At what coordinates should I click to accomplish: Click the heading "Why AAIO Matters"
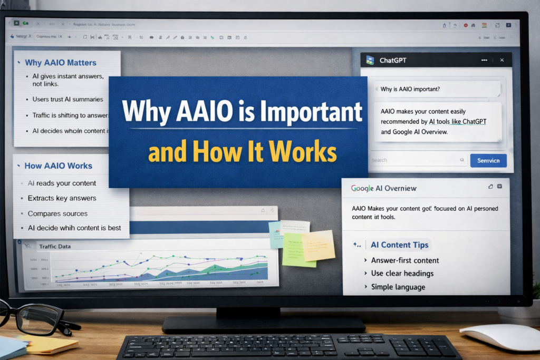(60, 63)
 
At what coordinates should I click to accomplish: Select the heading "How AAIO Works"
(58, 166)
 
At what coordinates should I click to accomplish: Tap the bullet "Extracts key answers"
(62, 198)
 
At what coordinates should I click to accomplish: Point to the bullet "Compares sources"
(57, 213)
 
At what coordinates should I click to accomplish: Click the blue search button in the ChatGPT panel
(488, 160)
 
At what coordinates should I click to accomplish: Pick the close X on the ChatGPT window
(502, 61)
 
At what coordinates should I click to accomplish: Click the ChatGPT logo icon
(370, 60)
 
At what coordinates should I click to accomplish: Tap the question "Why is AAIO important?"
(410, 89)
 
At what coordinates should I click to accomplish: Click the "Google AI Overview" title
(383, 188)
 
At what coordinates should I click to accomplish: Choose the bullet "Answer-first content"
(404, 260)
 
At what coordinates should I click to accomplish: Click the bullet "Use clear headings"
(402, 274)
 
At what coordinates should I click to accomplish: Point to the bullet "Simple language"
(398, 287)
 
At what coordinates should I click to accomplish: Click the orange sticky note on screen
(317, 245)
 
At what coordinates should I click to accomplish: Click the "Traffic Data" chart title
(54, 246)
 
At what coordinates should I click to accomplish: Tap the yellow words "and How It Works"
(242, 152)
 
